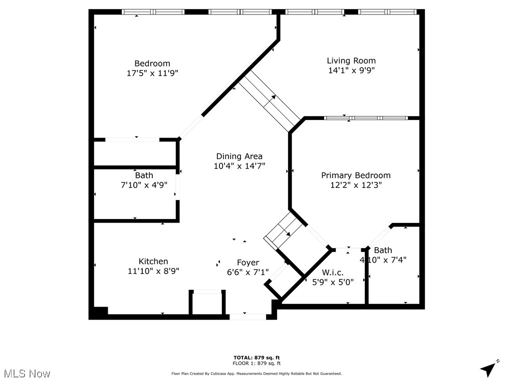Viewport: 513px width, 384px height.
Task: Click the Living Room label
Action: coord(351,61)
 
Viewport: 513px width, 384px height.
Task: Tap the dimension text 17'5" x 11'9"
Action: coord(152,73)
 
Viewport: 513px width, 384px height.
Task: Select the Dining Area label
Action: coord(239,156)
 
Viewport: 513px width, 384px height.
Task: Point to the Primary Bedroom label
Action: coord(356,175)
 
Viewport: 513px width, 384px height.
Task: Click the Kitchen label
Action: coord(153,261)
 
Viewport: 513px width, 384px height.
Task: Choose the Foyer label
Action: coord(248,263)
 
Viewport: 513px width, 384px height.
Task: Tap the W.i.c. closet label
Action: coord(333,272)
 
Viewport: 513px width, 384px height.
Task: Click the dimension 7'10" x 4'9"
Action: coord(144,185)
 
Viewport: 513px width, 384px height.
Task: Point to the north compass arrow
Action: coord(489,368)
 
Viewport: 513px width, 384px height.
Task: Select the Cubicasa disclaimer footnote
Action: coord(256,373)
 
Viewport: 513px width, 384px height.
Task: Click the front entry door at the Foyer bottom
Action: coord(247,316)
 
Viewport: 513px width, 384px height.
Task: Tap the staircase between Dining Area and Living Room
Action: coord(269,98)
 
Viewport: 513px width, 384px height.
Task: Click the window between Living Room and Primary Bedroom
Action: coord(365,118)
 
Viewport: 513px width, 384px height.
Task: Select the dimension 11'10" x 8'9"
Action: coord(153,271)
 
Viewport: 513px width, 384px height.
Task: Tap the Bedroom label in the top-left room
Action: coord(152,63)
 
